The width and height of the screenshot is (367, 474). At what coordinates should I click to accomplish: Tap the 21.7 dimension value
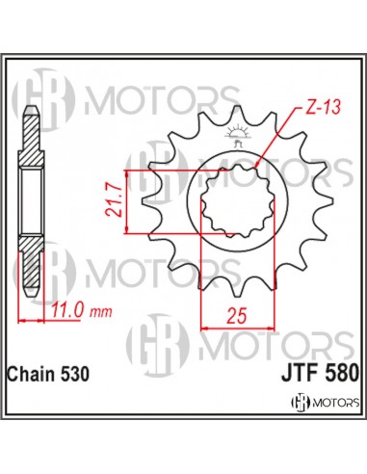pos(117,202)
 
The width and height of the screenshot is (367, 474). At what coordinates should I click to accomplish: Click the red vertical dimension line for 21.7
pos(135,202)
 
